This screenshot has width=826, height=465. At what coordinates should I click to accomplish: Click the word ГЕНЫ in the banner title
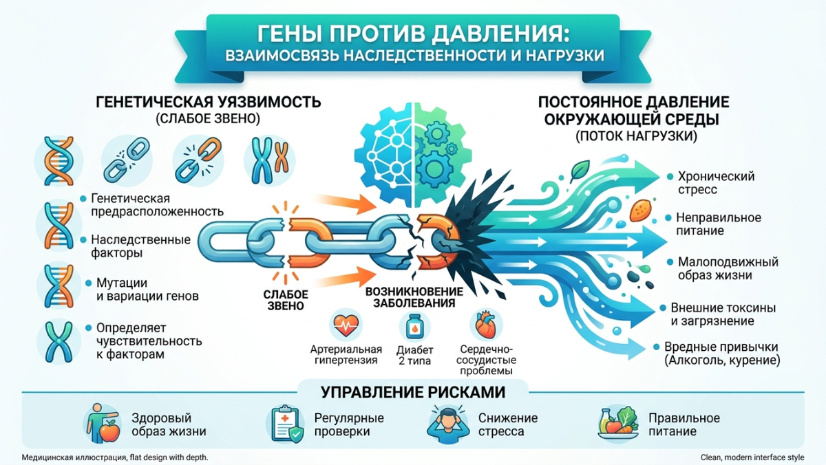(289, 34)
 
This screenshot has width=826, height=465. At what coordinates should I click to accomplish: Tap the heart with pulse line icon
(346, 325)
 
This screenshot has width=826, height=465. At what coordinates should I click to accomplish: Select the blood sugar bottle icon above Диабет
(415, 327)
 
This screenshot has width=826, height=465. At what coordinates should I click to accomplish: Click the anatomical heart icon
(486, 325)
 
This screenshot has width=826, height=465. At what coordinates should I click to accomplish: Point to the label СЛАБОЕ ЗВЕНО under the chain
(286, 300)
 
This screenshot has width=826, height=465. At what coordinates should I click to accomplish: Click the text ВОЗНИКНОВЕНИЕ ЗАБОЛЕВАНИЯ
(414, 297)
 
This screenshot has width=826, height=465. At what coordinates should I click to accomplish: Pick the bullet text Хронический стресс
(716, 183)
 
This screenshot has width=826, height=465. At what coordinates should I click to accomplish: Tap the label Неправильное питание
(719, 224)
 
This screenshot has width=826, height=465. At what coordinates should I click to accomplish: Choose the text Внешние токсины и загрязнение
(723, 314)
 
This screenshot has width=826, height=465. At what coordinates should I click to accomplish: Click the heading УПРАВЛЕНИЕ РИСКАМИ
(413, 392)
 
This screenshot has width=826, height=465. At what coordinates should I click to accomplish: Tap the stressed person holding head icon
(448, 424)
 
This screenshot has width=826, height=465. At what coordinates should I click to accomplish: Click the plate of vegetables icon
(618, 424)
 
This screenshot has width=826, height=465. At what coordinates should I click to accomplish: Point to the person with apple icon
(103, 424)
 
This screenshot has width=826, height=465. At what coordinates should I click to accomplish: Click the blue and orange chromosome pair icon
(270, 161)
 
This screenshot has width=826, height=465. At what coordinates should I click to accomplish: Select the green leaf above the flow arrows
(580, 170)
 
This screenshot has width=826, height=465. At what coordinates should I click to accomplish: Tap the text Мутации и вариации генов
(147, 289)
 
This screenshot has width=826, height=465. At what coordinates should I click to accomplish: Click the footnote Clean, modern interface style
(752, 457)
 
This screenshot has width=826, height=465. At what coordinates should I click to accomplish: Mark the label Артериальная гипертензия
(346, 354)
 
